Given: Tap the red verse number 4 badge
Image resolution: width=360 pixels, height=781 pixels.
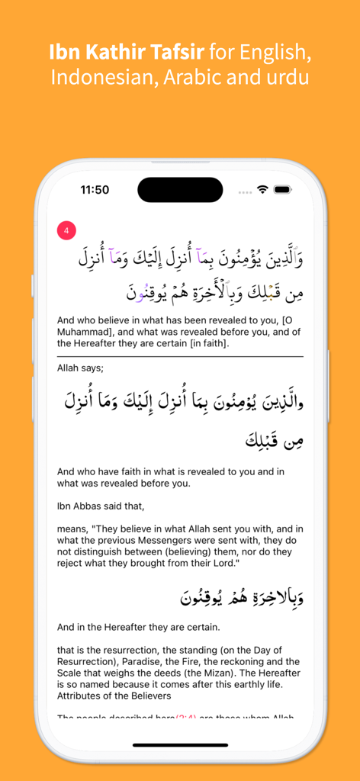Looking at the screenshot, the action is point(66,230).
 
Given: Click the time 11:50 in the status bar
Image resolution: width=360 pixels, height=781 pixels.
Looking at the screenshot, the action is point(95,190).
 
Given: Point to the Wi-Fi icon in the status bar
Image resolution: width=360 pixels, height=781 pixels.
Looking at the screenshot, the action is point(262,189).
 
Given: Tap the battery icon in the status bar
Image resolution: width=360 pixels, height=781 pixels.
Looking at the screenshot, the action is point(282,189).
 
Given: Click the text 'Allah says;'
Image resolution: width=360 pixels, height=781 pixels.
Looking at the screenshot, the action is point(80,368).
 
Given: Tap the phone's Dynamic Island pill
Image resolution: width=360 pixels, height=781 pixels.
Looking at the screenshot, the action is point(180,190).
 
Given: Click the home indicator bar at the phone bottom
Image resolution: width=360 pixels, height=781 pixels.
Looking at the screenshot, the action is point(180,744).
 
